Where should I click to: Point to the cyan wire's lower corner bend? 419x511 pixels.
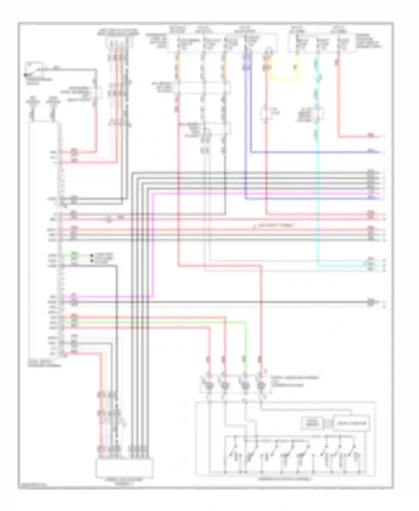(318, 265)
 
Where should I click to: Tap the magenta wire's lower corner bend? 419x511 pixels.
(153, 297)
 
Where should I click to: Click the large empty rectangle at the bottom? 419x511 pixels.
(124, 468)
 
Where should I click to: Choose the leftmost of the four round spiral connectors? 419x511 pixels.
(209, 386)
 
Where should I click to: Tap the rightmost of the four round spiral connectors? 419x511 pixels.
(261, 386)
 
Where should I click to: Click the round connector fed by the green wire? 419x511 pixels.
(245, 386)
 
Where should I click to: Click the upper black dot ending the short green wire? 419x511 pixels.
(91, 255)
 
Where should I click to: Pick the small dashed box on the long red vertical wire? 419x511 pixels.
(266, 113)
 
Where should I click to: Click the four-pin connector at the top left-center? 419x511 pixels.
(118, 42)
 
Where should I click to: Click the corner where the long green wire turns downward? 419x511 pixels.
(246, 323)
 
